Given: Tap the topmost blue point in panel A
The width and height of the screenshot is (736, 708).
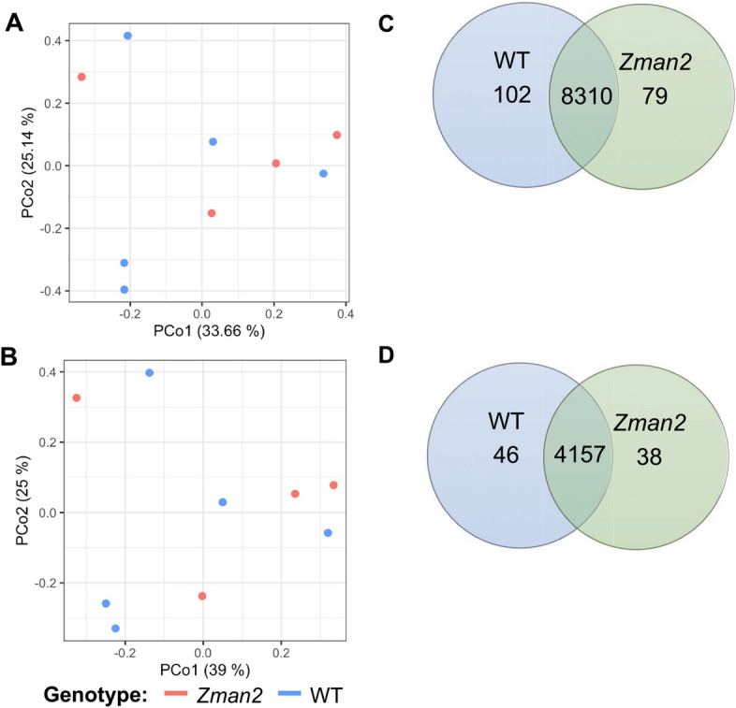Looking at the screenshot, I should pos(128,36).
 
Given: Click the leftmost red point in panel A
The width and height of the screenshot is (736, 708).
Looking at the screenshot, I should pos(81,77).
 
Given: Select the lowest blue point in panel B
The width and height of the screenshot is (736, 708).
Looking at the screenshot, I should pos(115,629).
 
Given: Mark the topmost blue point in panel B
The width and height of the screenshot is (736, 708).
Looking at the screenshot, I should pos(149,372).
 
